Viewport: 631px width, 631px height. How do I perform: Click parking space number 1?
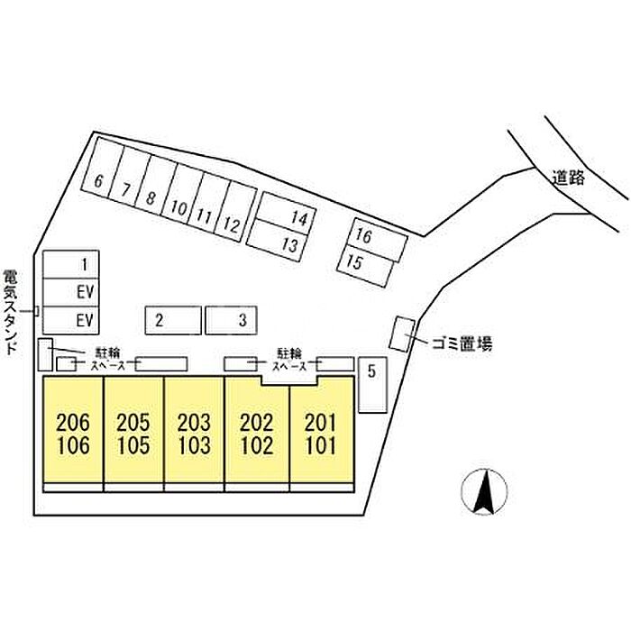point(71,265)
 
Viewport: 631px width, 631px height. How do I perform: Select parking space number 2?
point(173,319)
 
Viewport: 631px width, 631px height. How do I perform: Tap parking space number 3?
point(232,319)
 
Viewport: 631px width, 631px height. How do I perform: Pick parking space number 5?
point(371,385)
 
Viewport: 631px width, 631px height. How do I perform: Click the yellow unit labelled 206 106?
point(74,433)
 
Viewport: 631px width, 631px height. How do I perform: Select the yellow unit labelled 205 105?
point(133,433)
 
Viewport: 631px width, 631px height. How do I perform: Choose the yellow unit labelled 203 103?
point(194,433)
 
